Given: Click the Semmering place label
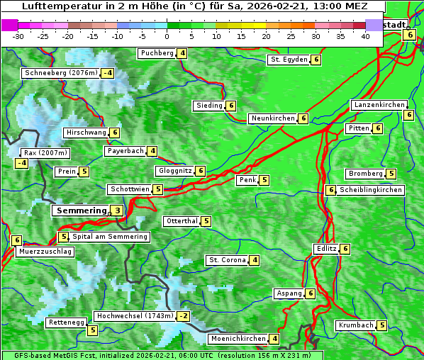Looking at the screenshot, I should click(x=80, y=210).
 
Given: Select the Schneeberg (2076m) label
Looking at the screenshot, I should click(x=60, y=73).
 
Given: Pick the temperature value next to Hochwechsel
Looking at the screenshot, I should click(x=184, y=316).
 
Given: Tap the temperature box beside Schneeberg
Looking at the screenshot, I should click(x=108, y=73).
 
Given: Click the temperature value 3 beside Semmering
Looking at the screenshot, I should click(x=117, y=210).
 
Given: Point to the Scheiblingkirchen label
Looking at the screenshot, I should click(x=371, y=190).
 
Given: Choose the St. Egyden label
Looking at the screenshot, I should click(x=289, y=60).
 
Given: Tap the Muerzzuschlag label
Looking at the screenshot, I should click(x=45, y=252).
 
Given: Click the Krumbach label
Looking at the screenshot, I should click(x=356, y=325).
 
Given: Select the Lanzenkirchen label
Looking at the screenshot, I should click(x=379, y=105).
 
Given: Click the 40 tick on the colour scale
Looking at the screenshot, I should click(x=365, y=36).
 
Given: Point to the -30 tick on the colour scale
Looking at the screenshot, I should click(x=18, y=36).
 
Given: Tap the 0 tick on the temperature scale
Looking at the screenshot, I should click(x=167, y=36).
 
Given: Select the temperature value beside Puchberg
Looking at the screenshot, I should click(x=183, y=53).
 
